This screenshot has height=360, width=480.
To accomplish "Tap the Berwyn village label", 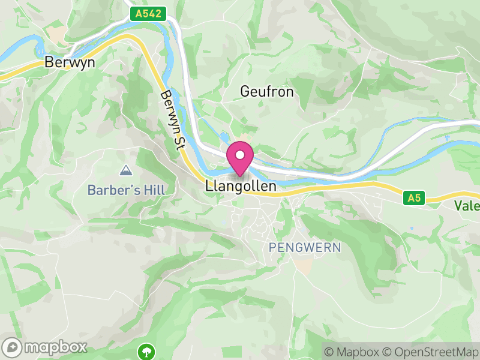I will coord(70,62).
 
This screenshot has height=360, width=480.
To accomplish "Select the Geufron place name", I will coord(267,91).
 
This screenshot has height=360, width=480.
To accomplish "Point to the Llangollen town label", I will coord(241,187).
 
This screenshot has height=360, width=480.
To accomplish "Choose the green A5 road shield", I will coord(412,197).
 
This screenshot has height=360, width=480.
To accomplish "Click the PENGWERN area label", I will coord(305,247).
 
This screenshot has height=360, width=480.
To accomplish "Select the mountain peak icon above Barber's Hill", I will coord(126,171).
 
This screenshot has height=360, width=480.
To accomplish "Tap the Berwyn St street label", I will coord(173,120).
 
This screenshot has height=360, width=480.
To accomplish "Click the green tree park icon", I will coord(146,350).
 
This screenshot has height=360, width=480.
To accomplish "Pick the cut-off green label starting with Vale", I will coord(467,206).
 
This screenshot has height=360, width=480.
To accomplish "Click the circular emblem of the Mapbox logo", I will coord(13,347).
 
